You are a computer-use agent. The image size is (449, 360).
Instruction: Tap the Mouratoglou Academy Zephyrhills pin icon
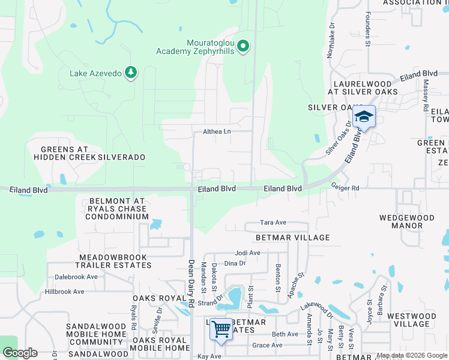243,46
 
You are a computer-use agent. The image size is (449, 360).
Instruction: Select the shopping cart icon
221,329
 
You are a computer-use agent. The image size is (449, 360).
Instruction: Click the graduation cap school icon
364,115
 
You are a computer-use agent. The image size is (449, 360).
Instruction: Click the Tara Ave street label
273,223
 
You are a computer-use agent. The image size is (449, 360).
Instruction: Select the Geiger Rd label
345,188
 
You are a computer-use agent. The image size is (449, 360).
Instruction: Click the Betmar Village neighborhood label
293,238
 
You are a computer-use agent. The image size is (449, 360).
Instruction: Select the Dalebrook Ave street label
76,277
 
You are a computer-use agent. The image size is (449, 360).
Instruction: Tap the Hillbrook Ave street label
64,292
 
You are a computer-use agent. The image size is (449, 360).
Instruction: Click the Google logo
20,353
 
